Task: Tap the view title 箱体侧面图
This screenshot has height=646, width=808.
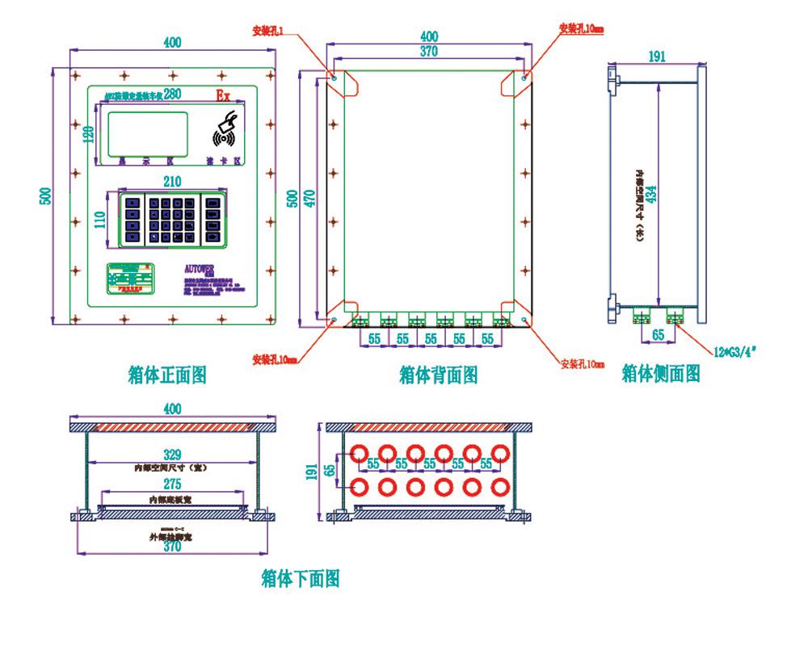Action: [x=660, y=372]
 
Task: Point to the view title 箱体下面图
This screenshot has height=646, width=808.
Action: [x=301, y=578]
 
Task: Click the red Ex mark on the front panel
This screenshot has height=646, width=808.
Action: [x=222, y=96]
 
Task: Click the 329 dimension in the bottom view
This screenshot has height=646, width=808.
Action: [x=171, y=455]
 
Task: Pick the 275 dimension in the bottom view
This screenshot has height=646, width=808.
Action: [x=171, y=484]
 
